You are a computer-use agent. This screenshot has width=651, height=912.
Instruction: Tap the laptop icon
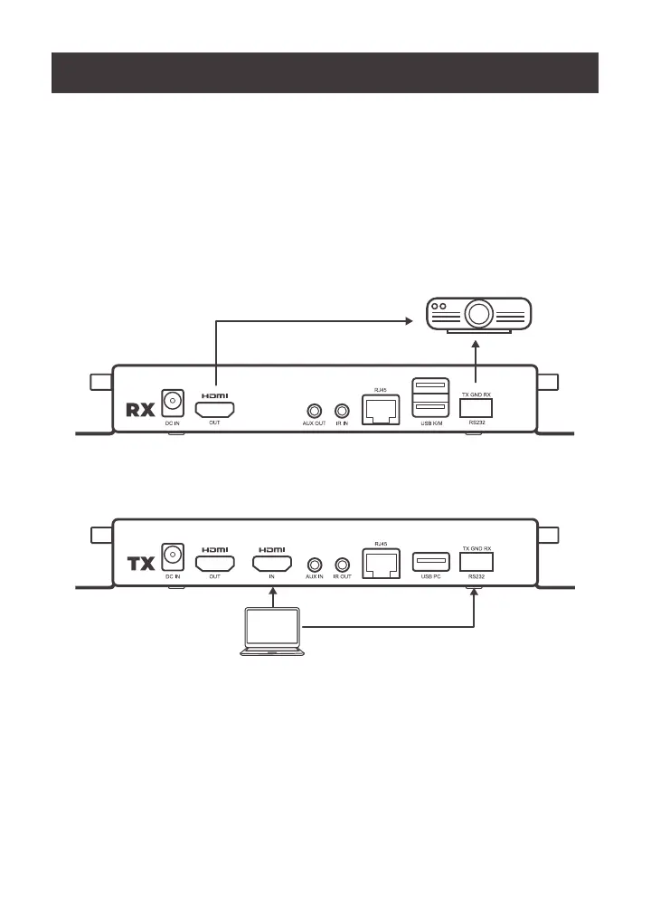[x=274, y=632]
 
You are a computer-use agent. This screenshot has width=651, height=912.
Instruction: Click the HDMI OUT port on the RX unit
[x=215, y=408]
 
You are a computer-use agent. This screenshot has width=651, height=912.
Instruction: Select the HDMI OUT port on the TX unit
[x=215, y=565]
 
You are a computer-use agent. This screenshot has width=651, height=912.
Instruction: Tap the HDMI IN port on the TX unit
[x=272, y=565]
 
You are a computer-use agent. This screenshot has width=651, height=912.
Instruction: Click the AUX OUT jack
[x=314, y=410]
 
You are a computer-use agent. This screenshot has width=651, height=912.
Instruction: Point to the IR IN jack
[x=342, y=410]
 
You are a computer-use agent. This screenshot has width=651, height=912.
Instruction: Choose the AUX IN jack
[x=314, y=565]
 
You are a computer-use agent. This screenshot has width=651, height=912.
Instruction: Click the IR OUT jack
[x=342, y=565]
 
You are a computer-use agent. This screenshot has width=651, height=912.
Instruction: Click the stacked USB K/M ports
[x=428, y=397]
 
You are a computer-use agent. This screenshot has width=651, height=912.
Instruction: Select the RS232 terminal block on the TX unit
[x=476, y=563]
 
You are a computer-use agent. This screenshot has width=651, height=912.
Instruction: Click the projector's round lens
[x=478, y=314]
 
